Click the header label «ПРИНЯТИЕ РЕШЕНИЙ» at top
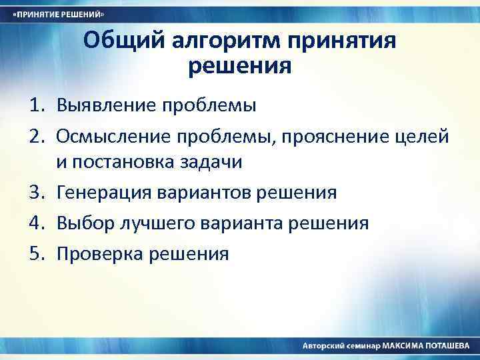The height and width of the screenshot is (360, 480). point(60,14)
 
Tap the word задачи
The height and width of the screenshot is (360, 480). point(213,162)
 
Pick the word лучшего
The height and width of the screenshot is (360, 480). point(149,223)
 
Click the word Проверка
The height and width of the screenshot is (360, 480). point(97,253)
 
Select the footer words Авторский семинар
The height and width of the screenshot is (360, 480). point(341,347)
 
